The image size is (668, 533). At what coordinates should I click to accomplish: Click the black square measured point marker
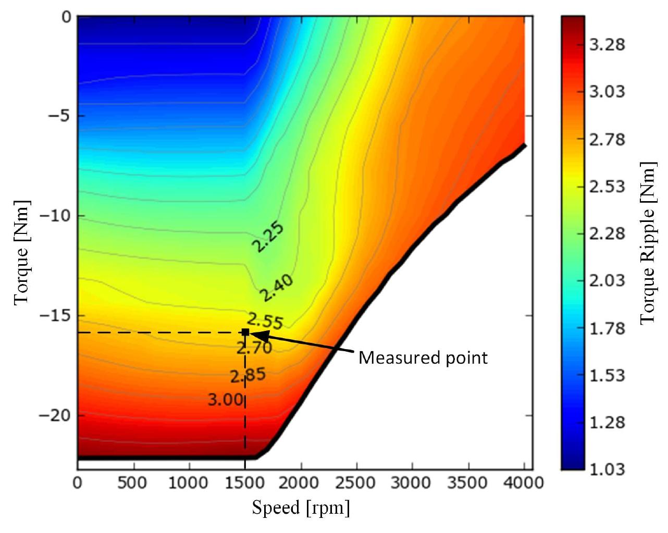(245, 332)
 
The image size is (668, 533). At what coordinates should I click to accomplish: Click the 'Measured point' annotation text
(423, 358)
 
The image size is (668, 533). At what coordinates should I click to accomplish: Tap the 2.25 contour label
(268, 237)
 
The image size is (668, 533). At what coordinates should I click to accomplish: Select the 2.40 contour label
(277, 288)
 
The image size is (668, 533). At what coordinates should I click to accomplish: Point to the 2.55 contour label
(265, 321)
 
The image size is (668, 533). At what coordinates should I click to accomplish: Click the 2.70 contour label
(254, 348)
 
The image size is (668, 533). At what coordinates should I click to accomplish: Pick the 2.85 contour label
(248, 376)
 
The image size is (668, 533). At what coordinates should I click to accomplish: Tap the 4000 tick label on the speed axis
(523, 483)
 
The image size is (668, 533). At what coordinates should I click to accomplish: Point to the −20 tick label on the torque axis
(55, 416)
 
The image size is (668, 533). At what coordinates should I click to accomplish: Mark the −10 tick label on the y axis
(55, 216)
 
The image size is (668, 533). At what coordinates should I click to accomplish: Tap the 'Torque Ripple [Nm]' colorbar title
(647, 243)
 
